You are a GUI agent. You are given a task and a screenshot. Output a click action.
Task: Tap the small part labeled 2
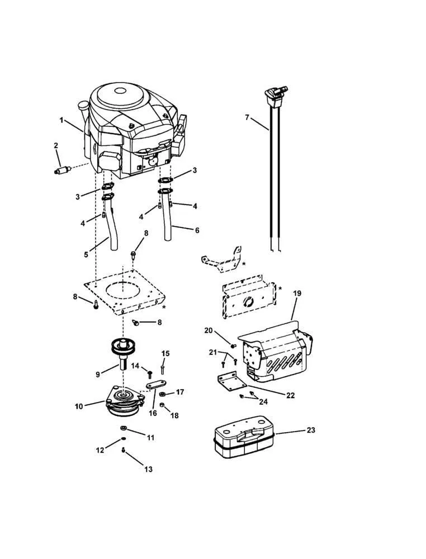pyautogui.click(x=61, y=168)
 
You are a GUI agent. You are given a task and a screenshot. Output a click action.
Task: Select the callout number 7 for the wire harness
pyautogui.click(x=247, y=117)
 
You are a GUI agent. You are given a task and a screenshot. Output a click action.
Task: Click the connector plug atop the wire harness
pyautogui.click(x=274, y=92)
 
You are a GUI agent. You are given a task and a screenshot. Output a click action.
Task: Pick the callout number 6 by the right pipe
pyautogui.click(x=196, y=230)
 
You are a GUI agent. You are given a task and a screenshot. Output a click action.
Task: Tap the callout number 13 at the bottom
pyautogui.click(x=148, y=470)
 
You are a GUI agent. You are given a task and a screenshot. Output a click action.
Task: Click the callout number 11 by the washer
pyautogui.click(x=150, y=438)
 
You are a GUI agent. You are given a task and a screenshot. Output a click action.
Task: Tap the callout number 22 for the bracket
pyautogui.click(x=290, y=395)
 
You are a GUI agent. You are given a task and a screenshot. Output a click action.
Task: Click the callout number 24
pyautogui.click(x=263, y=401)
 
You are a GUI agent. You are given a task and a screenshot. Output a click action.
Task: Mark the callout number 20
pyautogui.click(x=208, y=330)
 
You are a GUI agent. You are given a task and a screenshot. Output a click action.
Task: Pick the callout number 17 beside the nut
pyautogui.click(x=179, y=392)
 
